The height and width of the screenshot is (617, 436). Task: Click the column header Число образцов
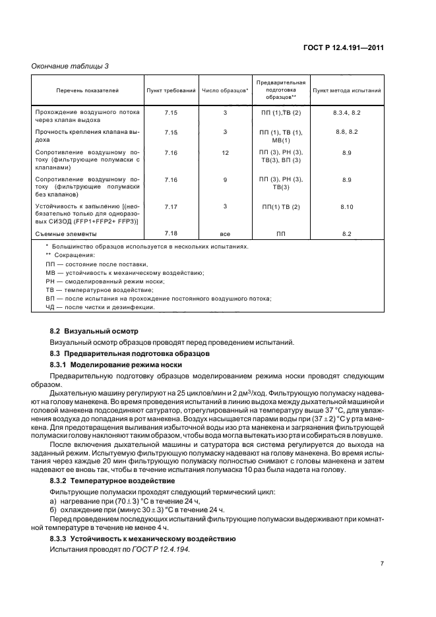coord(224,90)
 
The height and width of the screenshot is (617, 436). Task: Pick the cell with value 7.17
coord(171,206)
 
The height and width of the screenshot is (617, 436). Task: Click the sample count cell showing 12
coord(225,152)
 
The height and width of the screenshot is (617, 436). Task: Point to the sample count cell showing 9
coord(225,179)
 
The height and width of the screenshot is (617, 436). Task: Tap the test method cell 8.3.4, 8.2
coord(346,113)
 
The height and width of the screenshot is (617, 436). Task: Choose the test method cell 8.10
coord(346,207)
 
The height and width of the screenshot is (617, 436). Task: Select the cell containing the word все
coord(225,234)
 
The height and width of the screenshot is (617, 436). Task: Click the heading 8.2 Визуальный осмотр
coord(94,330)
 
